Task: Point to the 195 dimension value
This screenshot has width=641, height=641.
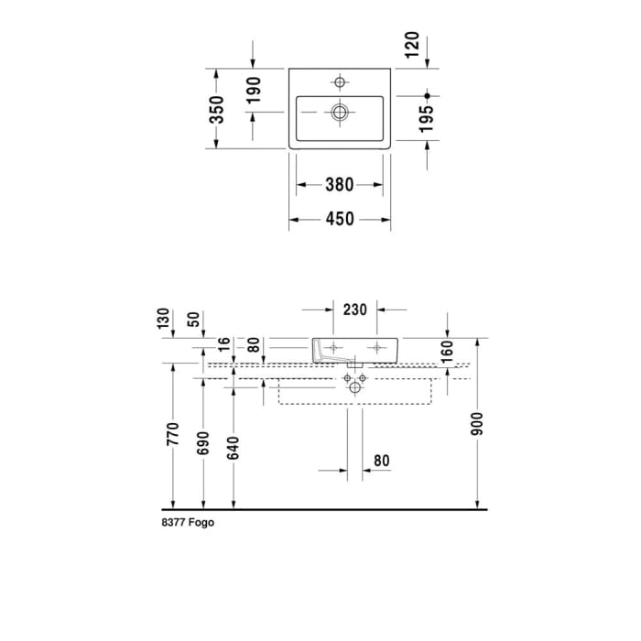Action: point(427,119)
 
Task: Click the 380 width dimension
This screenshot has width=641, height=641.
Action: point(339,185)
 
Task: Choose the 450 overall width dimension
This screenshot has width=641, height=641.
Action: point(339,220)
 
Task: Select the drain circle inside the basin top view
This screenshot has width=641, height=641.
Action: point(340,113)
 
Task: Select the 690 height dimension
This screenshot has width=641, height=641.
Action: point(203,442)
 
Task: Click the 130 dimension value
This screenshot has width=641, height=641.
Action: point(163,320)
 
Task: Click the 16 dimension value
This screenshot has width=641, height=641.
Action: point(225,344)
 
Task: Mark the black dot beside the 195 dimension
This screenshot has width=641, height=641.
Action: point(427,95)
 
